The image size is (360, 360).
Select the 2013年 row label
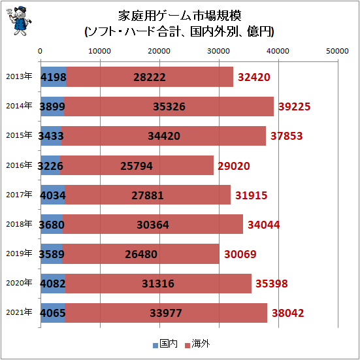pos(19,76)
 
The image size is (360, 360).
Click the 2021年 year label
pos(19,312)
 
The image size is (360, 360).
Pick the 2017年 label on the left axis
pos(19,194)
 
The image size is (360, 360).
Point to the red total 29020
pos(235,166)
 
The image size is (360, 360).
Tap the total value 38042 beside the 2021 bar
pos(288,313)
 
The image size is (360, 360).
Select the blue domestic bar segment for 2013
pos(53,77)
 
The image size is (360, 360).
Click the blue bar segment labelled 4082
pos(52,284)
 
